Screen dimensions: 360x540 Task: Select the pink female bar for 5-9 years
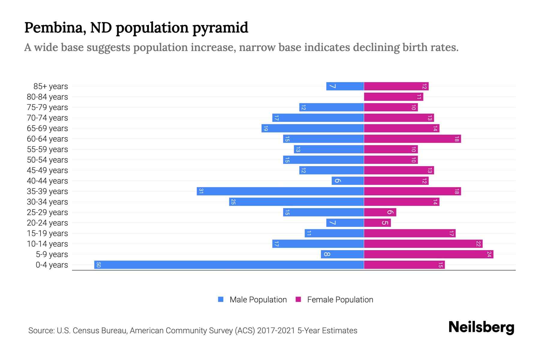(428, 254)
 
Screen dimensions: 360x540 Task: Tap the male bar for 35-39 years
(280, 191)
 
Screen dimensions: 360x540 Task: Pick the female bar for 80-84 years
(393, 97)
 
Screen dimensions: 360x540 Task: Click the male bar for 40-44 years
(348, 181)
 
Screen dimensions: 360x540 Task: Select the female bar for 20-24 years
(377, 223)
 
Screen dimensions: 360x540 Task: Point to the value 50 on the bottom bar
(98, 265)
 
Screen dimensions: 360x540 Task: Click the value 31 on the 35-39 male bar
(201, 191)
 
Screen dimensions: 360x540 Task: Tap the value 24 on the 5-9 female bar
(489, 254)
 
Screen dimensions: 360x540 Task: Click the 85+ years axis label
(51, 86)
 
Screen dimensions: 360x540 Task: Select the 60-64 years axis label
(47, 139)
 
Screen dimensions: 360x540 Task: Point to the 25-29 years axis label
(47, 212)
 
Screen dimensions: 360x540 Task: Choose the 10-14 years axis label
(47, 244)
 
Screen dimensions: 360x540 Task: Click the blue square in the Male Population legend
(221, 299)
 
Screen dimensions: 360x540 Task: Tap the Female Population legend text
(340, 300)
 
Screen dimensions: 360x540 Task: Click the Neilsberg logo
(481, 327)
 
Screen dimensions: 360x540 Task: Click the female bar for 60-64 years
(412, 139)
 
